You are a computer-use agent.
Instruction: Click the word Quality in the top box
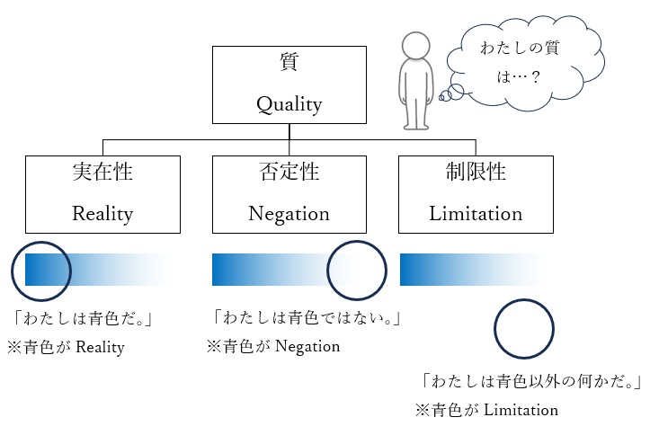(x=289, y=105)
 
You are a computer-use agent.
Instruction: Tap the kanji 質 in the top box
(x=289, y=64)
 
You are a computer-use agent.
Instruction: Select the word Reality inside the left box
(x=102, y=214)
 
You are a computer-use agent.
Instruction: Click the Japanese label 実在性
(x=102, y=172)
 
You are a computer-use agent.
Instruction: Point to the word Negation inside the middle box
(x=289, y=214)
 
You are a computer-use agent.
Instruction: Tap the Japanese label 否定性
(x=289, y=172)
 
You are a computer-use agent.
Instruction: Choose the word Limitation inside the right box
(x=476, y=214)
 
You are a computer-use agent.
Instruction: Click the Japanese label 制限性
(x=476, y=172)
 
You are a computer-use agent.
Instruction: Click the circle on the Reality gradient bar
(x=41, y=269)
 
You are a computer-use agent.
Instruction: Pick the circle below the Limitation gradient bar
(x=525, y=330)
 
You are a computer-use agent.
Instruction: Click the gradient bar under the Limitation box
(x=472, y=269)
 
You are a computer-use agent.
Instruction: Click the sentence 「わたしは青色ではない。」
(x=306, y=318)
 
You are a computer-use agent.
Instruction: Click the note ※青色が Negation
(x=273, y=346)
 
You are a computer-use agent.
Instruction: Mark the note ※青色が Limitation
(x=486, y=410)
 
